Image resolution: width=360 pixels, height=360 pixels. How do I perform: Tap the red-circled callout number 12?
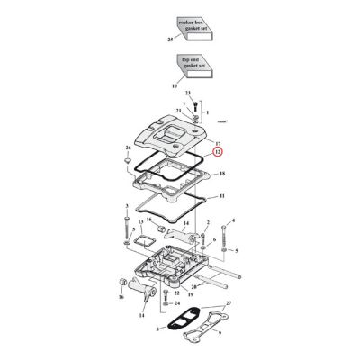[x=218, y=153]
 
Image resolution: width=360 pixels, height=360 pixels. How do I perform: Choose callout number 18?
[x=221, y=172]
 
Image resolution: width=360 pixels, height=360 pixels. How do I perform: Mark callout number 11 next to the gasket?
[x=221, y=195]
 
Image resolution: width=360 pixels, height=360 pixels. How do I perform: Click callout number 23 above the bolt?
[x=188, y=93]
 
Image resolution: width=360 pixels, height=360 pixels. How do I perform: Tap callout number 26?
[x=129, y=147]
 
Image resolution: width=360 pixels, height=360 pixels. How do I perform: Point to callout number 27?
[x=228, y=305]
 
